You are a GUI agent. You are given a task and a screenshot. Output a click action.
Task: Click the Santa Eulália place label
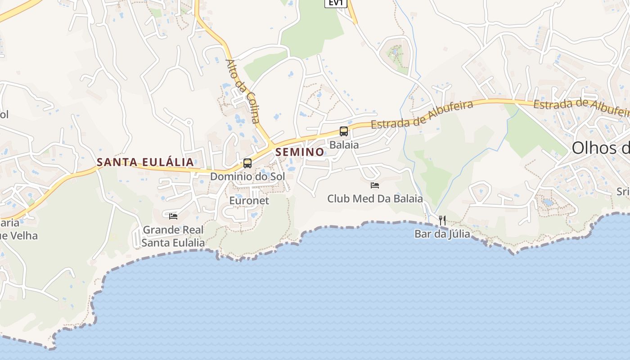click(145, 162)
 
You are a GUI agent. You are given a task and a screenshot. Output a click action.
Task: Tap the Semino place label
click(300, 152)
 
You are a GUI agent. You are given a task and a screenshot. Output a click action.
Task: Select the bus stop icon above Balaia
click(344, 131)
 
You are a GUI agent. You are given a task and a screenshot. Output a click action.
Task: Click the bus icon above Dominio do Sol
click(247, 163)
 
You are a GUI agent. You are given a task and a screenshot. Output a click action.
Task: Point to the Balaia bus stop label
click(344, 145)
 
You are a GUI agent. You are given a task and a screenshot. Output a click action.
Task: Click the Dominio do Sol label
click(247, 176)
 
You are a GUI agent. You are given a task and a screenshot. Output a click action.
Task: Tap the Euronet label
click(249, 200)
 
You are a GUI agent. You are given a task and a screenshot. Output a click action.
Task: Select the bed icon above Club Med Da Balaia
click(375, 185)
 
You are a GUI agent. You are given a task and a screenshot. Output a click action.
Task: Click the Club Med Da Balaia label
click(375, 198)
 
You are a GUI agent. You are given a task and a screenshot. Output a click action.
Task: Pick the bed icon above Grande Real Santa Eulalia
click(173, 216)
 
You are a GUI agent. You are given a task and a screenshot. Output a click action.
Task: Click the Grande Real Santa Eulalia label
click(173, 236)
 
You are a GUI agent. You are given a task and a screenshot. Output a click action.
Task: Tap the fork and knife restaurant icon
click(442, 220)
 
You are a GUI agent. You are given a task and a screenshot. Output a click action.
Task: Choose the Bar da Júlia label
click(442, 234)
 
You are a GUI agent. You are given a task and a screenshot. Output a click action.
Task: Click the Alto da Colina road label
click(243, 91)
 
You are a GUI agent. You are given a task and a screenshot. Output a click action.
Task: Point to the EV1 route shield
click(336, 3)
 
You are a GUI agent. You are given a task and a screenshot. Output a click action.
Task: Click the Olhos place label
click(600, 148)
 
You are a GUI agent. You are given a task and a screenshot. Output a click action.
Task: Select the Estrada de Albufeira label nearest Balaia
click(422, 115)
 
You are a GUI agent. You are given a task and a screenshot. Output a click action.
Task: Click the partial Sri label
click(623, 192)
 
